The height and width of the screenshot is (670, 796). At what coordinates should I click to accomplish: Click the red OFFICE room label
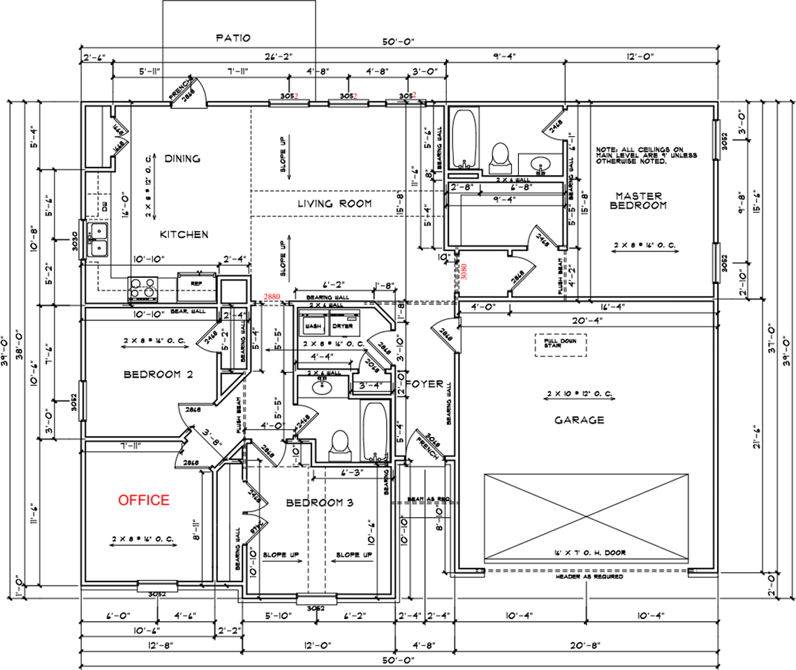point(143,500)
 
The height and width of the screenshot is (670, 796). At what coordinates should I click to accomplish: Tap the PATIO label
point(233,38)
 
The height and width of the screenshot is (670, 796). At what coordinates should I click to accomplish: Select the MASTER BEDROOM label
point(638,200)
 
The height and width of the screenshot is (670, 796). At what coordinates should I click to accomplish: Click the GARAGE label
point(579,420)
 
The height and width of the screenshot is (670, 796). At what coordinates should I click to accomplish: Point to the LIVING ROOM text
point(334,204)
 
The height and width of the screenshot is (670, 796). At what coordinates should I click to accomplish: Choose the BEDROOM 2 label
point(158,375)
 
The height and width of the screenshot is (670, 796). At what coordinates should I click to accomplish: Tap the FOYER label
point(425,382)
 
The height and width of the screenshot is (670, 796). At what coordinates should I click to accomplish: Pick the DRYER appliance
point(342,326)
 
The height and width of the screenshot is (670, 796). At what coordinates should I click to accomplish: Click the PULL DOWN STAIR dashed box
point(561,344)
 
